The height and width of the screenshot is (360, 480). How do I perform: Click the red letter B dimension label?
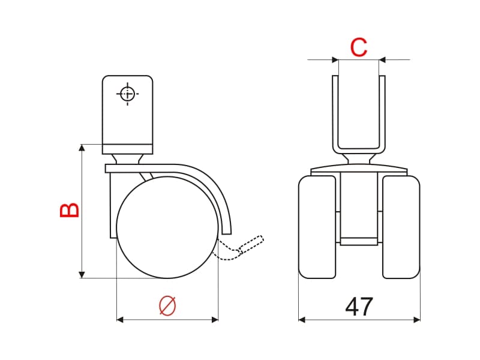70,210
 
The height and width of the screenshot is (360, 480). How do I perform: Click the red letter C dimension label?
358,47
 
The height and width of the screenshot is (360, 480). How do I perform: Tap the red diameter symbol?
167,305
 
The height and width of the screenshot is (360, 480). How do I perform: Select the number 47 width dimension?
359,307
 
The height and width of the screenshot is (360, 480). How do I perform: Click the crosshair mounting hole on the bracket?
127,94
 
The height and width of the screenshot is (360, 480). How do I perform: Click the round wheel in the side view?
167,227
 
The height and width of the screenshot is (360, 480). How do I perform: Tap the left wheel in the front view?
317,227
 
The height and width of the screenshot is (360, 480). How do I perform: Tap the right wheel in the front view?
401,227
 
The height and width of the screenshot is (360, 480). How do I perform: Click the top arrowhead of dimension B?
82,148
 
